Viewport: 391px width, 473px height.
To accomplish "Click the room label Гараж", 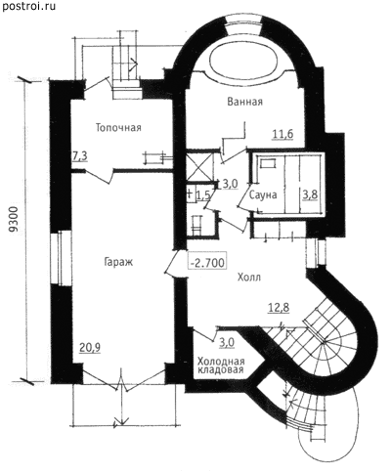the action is pos(118,263).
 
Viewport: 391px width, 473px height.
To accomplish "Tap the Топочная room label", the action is pos(118,128).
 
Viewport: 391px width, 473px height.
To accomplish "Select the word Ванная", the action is pos(244,102).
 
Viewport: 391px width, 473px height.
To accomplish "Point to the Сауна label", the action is pos(263,195).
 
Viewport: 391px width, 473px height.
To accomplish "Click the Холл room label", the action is pos(249,278).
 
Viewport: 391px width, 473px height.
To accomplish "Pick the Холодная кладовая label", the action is pos(221,365).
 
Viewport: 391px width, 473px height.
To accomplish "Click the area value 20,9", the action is pos(90,348).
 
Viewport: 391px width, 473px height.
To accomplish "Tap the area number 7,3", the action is pos(80,156).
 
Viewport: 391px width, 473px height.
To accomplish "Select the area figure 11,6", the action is pos(283,134).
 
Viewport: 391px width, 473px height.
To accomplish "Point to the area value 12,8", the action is pos(279,308).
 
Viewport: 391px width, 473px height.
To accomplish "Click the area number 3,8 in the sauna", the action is pos(310,194).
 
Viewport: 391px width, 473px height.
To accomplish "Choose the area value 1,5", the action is pos(203,194).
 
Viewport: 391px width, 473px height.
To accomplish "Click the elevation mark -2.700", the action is pos(207,262).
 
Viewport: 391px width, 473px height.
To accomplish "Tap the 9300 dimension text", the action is pos(13,221).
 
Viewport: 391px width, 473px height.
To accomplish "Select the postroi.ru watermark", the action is pos(28,7).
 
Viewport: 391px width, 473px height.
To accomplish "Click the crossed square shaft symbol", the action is pos(198,166).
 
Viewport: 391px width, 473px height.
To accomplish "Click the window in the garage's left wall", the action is pos(61,259).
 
